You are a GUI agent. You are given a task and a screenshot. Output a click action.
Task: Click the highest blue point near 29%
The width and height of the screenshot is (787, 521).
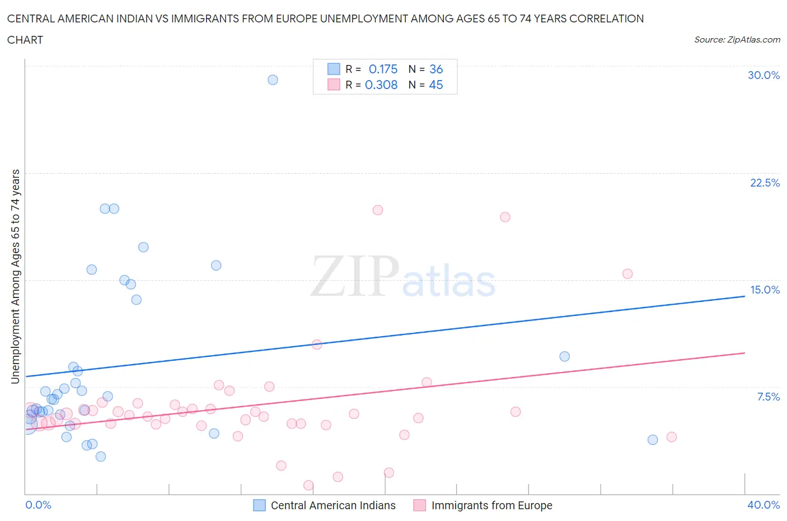coord(273,80)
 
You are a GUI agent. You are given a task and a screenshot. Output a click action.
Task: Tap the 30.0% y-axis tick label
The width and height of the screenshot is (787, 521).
coord(763,75)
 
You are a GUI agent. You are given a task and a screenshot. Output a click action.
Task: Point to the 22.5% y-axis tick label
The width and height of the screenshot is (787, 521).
coord(765,183)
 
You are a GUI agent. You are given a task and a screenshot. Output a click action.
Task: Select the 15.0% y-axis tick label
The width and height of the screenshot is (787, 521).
coord(765,290)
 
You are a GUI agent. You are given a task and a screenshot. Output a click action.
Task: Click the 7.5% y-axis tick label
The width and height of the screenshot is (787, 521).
coord(768,397)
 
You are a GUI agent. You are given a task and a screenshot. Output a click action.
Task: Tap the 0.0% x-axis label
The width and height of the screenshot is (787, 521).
coord(38,505)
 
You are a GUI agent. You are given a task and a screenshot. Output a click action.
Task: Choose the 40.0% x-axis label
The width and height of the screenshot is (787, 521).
coord(763,505)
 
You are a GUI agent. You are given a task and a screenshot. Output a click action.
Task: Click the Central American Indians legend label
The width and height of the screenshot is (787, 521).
coord(333,505)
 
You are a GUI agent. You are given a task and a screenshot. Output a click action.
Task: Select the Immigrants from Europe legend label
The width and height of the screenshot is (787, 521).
coord(491,505)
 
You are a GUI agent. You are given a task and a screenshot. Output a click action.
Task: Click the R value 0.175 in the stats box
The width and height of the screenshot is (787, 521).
coord(383,69)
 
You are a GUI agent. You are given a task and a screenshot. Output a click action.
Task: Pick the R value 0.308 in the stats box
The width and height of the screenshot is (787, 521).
coord(381,85)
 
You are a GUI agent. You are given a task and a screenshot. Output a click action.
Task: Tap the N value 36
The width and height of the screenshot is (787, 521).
coord(436,69)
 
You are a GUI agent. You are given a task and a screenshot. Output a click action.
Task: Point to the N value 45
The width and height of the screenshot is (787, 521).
coord(436,85)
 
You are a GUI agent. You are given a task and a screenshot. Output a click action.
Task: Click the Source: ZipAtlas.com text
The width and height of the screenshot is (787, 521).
coord(737,39)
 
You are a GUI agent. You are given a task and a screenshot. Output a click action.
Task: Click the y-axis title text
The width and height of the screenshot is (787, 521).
coord(15,277)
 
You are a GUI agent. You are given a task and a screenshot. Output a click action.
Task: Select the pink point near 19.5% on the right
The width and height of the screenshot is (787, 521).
coord(505,217)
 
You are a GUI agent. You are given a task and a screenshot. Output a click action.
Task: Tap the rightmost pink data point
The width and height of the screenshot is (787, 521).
coord(672,437)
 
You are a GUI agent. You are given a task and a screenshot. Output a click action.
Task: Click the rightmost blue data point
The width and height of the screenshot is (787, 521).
coord(653,440)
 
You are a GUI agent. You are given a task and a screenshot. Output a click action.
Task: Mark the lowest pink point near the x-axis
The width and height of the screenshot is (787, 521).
coord(308,485)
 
